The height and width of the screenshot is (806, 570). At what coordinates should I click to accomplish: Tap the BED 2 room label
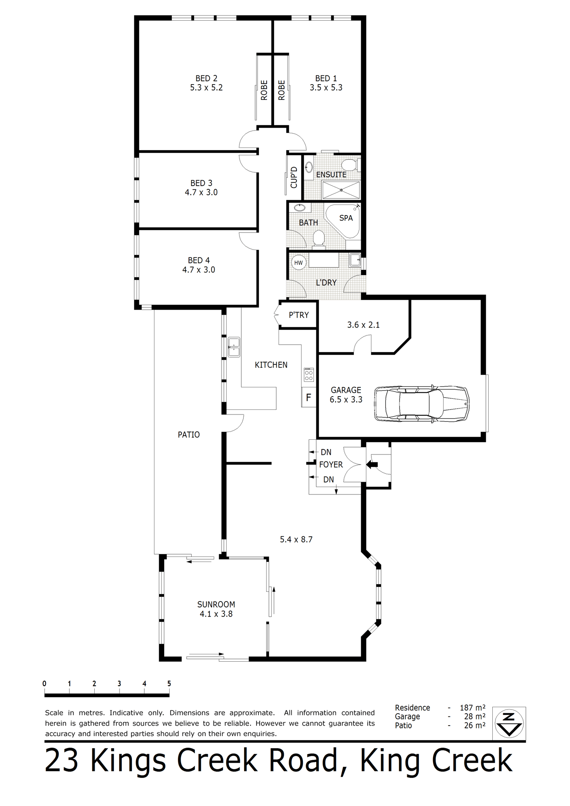[x=206, y=79]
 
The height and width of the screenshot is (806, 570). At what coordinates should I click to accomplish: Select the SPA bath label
[x=346, y=218]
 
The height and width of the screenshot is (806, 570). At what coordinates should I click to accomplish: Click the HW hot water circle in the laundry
[x=299, y=263]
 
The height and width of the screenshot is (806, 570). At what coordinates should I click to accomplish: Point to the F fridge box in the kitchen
[x=308, y=397]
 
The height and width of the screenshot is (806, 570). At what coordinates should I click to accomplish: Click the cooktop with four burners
[x=308, y=375]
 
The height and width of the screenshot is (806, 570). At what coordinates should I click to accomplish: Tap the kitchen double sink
[x=234, y=347]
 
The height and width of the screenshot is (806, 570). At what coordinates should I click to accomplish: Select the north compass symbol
[x=509, y=724]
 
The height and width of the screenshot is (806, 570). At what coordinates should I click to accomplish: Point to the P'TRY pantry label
[x=299, y=315]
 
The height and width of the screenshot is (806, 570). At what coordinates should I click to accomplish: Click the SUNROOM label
[x=216, y=604]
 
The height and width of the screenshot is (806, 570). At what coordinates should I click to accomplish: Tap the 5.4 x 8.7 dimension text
[x=296, y=539]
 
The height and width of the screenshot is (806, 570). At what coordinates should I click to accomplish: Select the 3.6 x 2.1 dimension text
[x=363, y=325]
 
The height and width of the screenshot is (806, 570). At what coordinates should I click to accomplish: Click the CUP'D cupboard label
[x=294, y=177]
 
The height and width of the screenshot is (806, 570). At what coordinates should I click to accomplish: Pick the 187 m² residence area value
[x=473, y=708]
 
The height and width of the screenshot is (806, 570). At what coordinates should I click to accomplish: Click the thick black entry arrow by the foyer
[x=372, y=465]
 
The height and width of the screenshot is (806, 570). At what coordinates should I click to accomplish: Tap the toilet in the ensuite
[x=350, y=164]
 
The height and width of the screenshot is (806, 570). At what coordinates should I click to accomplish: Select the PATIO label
[x=189, y=435]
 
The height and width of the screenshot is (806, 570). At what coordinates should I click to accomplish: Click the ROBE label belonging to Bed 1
[x=282, y=90]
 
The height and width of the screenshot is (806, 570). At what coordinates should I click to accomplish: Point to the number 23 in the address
[x=62, y=761]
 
